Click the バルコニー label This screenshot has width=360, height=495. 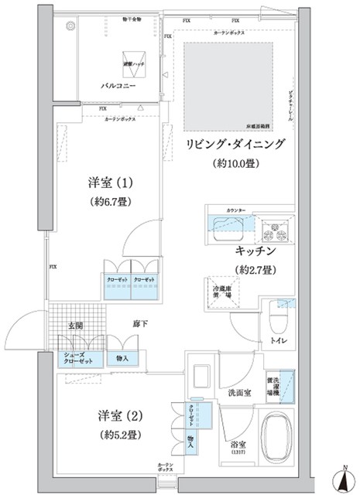point(119,87)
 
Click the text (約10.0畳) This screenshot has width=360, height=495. point(235,163)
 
